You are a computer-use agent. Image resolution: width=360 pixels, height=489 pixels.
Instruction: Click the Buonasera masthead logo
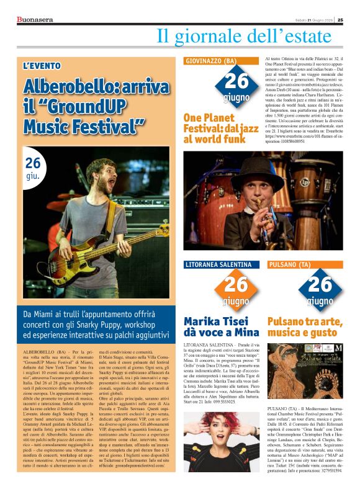click(35, 19)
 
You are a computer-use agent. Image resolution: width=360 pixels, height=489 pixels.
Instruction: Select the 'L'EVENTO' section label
click(42, 66)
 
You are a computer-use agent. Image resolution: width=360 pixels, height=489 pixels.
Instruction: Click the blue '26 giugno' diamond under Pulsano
click(320, 289)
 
